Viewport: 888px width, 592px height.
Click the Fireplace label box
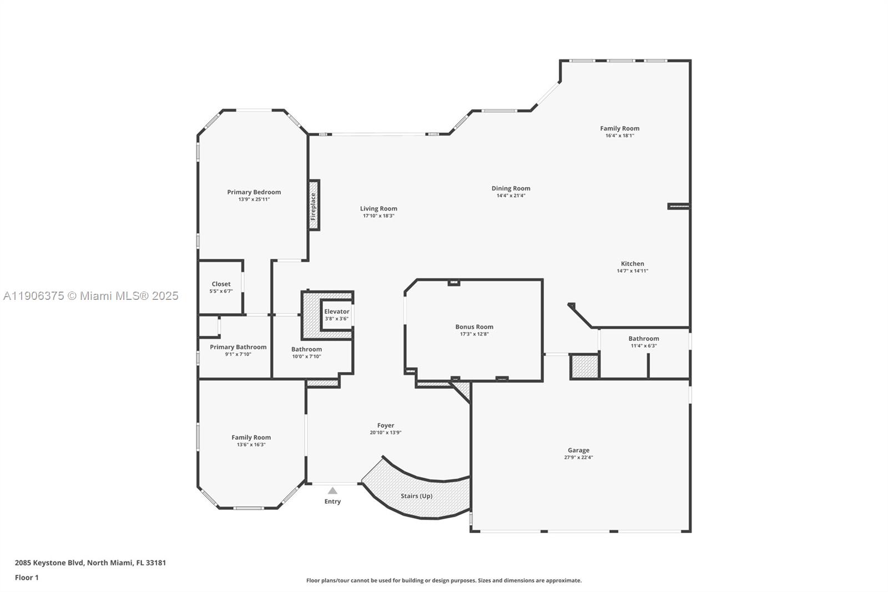314,205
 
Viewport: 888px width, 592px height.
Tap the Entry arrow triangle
332,491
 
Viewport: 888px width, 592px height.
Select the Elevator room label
336,312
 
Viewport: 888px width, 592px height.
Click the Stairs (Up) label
416,496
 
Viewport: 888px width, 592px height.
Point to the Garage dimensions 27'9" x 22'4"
578,458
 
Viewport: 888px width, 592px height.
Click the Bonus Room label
474,327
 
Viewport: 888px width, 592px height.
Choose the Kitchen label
632,264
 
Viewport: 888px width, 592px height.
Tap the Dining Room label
511,188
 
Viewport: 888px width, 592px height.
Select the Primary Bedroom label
254,192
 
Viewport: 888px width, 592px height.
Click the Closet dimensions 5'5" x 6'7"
221,291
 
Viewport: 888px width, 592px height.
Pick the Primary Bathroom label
238,347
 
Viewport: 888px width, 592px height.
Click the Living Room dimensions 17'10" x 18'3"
379,216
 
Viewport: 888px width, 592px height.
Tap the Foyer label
386,425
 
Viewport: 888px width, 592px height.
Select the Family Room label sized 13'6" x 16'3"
251,438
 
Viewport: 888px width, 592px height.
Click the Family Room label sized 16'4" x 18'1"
619,128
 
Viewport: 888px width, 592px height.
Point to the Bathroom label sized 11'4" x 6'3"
643,339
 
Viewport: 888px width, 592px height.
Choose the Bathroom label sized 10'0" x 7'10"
306,349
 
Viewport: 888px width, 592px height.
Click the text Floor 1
27,578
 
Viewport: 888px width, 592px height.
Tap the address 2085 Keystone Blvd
49,563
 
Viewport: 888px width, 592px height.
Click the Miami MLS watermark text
91,296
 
